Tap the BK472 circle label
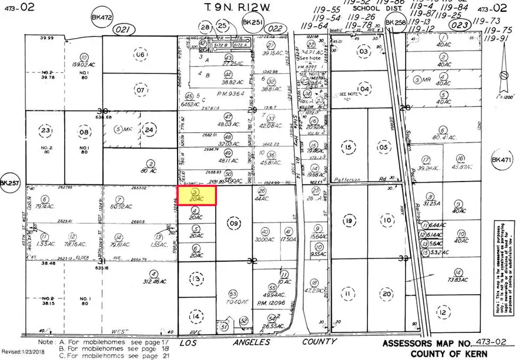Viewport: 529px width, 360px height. [101, 19]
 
